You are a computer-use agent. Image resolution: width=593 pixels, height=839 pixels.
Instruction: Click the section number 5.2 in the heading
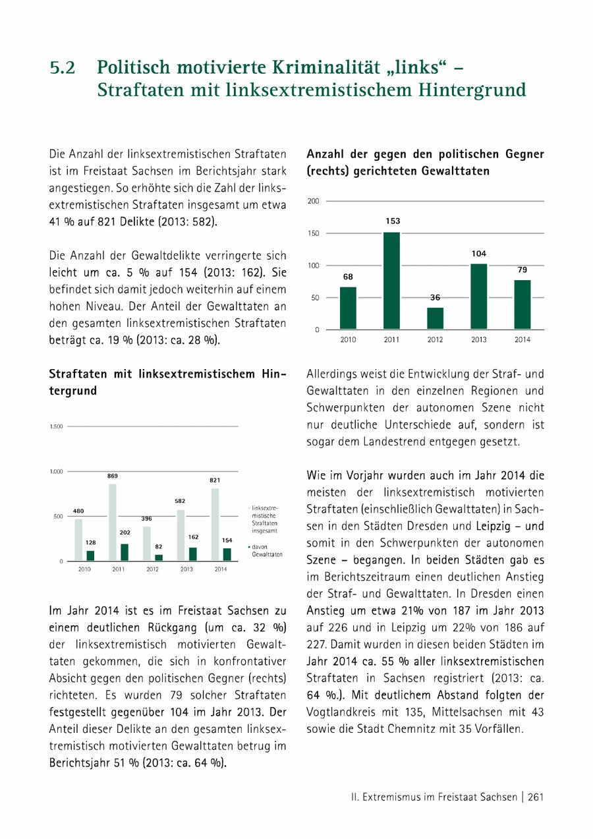(63, 68)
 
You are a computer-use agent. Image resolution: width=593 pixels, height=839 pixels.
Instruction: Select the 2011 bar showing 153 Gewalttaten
(391, 280)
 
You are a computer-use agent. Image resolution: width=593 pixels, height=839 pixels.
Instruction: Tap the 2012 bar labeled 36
(435, 318)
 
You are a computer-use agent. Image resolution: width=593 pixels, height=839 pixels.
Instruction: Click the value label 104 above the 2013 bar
(479, 254)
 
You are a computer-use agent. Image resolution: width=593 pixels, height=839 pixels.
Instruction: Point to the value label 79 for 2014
(522, 270)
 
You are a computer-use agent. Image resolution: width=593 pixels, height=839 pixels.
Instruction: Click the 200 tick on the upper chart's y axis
(314, 200)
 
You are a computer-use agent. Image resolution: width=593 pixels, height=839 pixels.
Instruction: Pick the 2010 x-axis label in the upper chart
(348, 340)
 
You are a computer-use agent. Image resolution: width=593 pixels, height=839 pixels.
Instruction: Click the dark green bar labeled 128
(90, 556)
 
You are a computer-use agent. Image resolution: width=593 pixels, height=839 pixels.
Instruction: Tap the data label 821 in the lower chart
(215, 480)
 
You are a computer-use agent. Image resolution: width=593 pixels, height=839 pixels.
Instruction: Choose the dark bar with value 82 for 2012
(159, 558)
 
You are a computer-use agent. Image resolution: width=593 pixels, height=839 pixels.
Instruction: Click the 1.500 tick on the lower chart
(57, 427)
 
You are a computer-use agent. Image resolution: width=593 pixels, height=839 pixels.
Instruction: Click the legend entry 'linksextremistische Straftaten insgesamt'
(264, 519)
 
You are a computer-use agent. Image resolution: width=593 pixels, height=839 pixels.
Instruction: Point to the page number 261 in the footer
(535, 797)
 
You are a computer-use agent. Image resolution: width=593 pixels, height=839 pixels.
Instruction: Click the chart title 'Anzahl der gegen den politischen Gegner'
(425, 154)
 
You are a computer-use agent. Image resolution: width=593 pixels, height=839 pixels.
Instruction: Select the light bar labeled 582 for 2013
(181, 535)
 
